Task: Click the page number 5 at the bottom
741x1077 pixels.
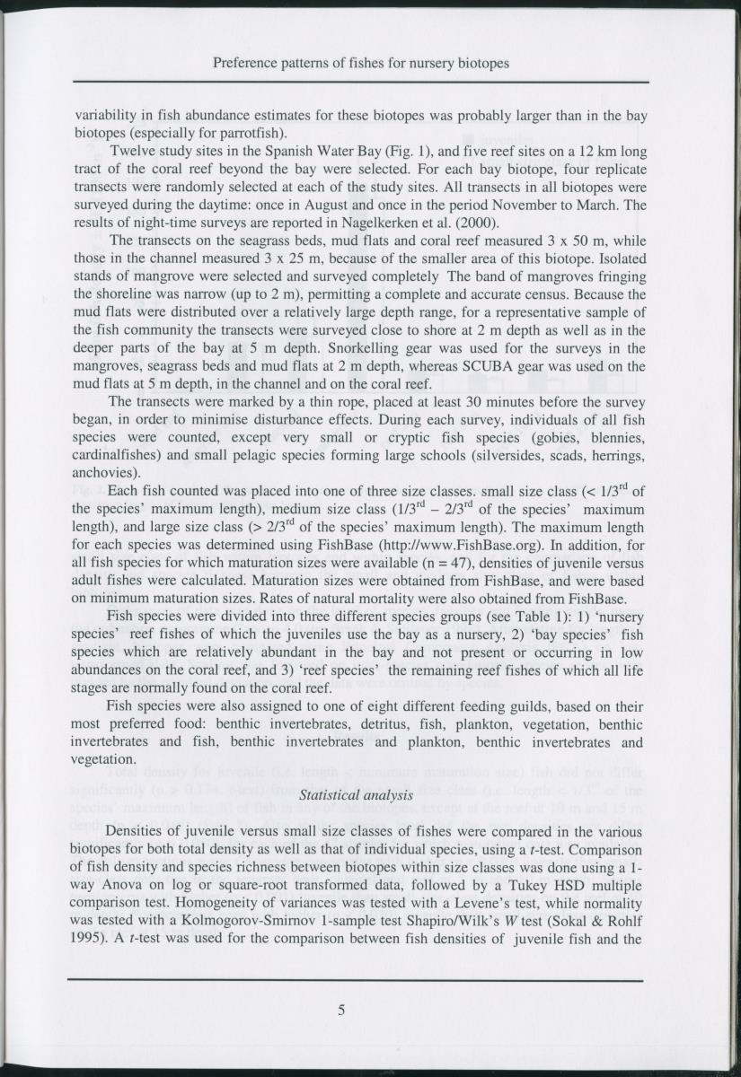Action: [341, 1010]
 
